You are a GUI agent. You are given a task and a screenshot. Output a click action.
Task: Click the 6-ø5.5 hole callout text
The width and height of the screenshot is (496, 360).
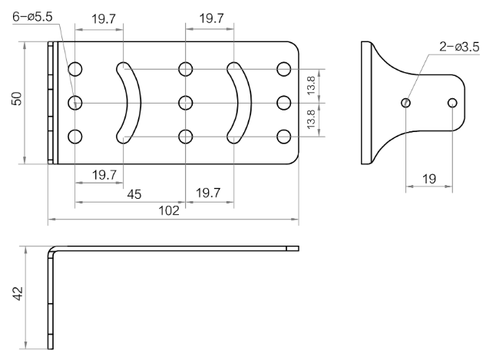point(32,16)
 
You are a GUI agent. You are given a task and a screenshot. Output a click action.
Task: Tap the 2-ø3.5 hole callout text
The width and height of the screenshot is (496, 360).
point(459,47)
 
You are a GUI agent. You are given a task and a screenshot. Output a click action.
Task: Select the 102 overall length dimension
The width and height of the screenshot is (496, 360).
point(169,210)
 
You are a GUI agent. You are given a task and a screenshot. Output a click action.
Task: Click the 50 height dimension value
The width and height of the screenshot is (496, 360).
point(17,98)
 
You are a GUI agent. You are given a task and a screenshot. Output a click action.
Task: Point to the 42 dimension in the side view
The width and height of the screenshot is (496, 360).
point(18,293)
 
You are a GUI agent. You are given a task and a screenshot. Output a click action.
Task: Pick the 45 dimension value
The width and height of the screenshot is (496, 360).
point(134,194)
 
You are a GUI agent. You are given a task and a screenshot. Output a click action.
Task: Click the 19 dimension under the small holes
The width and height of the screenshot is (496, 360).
point(429,179)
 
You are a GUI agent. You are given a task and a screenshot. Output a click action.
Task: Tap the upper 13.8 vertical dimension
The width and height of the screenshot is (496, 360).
point(311,85)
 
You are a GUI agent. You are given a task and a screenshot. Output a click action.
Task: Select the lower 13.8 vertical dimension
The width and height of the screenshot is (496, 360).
point(311,119)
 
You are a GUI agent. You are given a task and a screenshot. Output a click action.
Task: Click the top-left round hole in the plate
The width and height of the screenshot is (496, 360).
point(75,69)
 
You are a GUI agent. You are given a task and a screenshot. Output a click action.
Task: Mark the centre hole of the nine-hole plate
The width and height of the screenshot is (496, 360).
point(185,103)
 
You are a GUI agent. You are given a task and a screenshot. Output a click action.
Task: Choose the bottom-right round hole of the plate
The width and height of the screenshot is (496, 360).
point(284,137)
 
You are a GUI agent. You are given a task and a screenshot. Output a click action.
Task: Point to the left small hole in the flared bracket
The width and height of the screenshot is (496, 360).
point(406,103)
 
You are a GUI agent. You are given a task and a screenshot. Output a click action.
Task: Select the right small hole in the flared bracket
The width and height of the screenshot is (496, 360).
point(452,103)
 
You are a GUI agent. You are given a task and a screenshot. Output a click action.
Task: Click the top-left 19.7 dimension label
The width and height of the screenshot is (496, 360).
point(104,19)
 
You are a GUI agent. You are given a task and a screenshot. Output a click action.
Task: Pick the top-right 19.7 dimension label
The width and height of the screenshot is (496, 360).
point(211,18)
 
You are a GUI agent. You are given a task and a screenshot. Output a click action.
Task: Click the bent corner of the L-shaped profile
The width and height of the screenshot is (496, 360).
point(52,250)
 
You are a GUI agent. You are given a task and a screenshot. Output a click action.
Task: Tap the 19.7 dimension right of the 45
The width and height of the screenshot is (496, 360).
point(208,193)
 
